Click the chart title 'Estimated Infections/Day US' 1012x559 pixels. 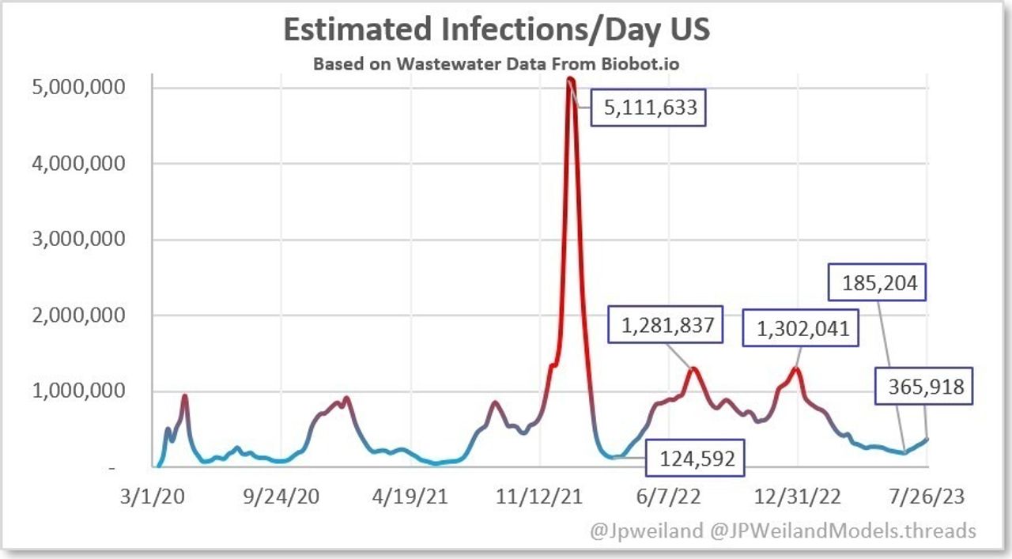tap(497, 29)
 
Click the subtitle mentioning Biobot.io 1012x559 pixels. tap(497, 63)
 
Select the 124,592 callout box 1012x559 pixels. tap(695, 458)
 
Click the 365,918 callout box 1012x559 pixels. tap(924, 387)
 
